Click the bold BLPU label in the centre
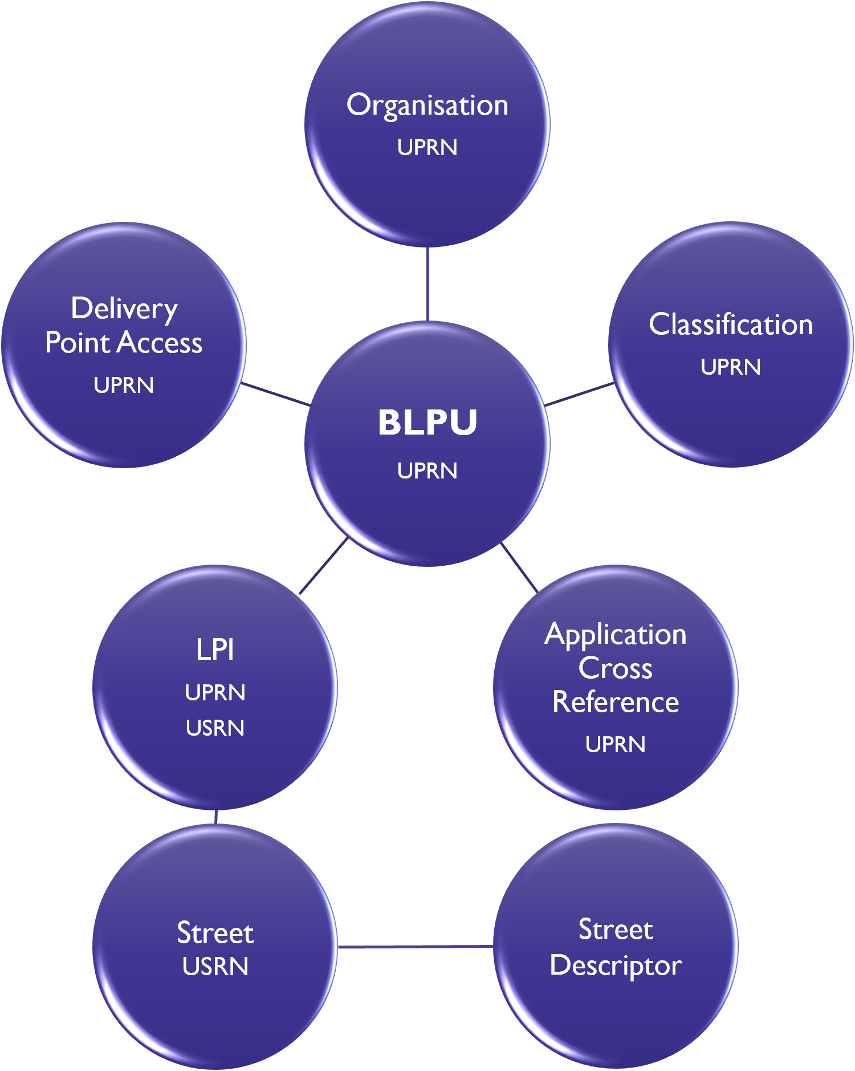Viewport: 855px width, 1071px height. [427, 423]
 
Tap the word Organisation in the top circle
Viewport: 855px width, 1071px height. [427, 106]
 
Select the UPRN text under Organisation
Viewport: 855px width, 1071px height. [427, 148]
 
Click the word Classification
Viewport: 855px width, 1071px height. [731, 325]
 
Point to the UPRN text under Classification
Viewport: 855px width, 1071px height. [731, 367]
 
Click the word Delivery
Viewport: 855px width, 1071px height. [124, 309]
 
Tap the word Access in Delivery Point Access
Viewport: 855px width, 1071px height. [160, 343]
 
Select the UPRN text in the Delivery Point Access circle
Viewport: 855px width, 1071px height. [124, 386]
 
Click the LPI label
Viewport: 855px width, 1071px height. [215, 650]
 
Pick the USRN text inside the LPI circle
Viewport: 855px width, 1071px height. [215, 728]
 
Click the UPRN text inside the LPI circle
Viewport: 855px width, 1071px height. [215, 693]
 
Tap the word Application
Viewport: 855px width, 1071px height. [616, 635]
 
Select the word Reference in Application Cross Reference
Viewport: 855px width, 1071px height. [616, 702]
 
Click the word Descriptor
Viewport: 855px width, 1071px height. [616, 965]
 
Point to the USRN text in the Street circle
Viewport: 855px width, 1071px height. [215, 967]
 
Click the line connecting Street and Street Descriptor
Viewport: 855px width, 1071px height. [415, 947]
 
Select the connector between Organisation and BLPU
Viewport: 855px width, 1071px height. [427, 283]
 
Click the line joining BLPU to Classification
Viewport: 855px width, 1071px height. [579, 395]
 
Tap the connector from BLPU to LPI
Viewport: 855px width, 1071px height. [323, 566]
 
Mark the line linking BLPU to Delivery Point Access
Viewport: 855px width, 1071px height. [276, 395]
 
